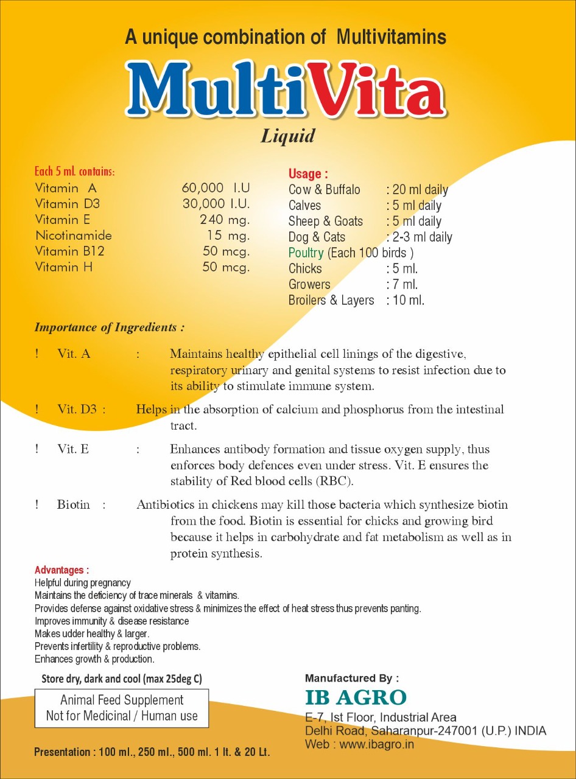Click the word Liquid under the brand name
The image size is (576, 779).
coord(288,135)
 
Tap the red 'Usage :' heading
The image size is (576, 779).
coord(308,174)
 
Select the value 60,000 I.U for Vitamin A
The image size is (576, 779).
coord(216,188)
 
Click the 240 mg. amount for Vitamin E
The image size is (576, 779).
coord(225,220)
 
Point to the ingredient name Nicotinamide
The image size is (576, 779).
coord(73,236)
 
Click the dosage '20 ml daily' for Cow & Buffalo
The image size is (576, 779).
coord(420,190)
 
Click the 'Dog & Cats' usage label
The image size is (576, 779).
coord(317,237)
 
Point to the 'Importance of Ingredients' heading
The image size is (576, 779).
coord(109,327)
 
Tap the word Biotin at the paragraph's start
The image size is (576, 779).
coord(73,505)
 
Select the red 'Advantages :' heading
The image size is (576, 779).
coord(61,570)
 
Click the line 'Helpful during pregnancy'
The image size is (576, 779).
coord(82,583)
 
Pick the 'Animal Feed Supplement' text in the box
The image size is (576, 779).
coord(122,700)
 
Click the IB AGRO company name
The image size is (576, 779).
coord(356,697)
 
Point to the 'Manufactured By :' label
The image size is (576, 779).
coord(352,678)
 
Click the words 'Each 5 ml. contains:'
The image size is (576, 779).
coord(74,172)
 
